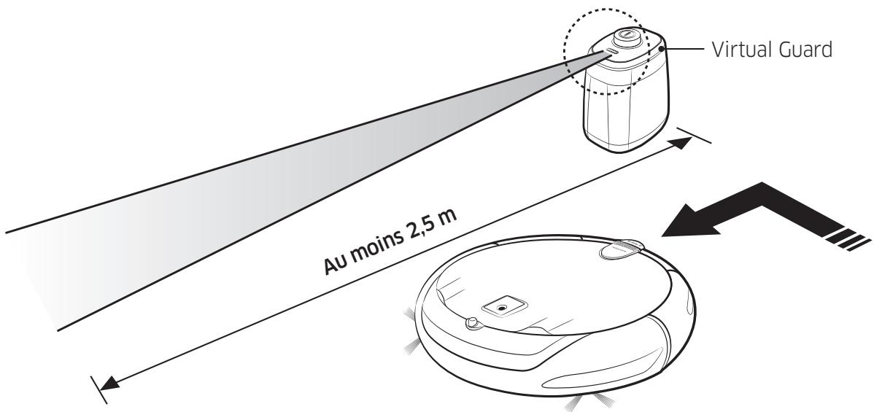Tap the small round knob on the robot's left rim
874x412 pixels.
(472, 322)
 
